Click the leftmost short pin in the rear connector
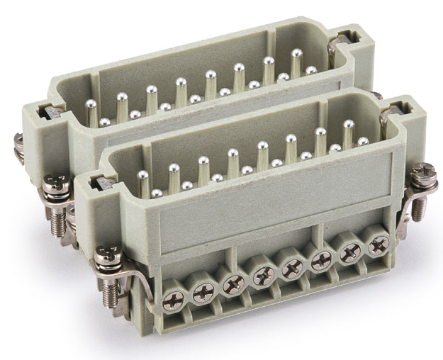tap(105, 123)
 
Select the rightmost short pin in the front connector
tap(363, 142)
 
